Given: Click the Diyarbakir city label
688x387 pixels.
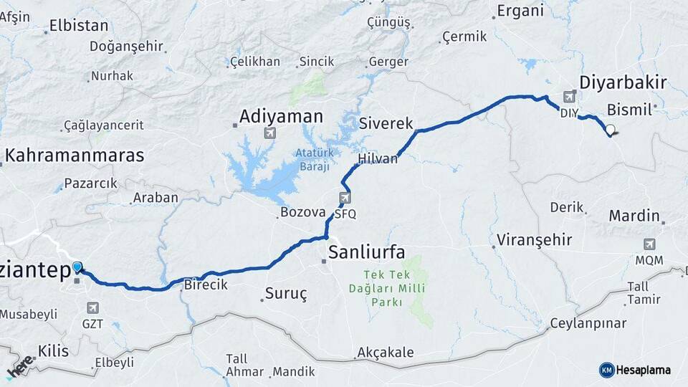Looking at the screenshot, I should click(622, 82).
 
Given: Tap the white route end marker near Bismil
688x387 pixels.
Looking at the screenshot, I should click(610, 130).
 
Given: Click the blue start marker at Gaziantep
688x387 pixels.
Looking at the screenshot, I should click(77, 267).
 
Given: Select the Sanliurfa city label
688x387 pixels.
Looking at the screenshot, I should click(366, 252).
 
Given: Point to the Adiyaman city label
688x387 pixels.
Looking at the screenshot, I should click(281, 116).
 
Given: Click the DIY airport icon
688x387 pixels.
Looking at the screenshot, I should click(569, 97).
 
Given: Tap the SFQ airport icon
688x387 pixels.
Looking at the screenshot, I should click(345, 198).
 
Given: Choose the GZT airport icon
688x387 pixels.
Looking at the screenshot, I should click(92, 307).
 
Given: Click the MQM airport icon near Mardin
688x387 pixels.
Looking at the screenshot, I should click(649, 244).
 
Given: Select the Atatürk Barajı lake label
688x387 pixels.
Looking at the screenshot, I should click(313, 159).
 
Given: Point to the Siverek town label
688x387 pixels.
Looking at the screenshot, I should click(386, 123).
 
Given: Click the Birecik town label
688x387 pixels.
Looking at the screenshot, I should click(206, 285).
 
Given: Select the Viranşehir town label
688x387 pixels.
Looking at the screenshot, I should click(535, 239).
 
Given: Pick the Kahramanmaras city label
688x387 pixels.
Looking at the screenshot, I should click(75, 156).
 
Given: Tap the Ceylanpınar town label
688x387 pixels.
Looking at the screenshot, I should click(588, 323).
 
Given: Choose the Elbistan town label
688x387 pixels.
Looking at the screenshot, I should click(78, 27).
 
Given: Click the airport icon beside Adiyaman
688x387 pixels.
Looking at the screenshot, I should click(270, 133).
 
